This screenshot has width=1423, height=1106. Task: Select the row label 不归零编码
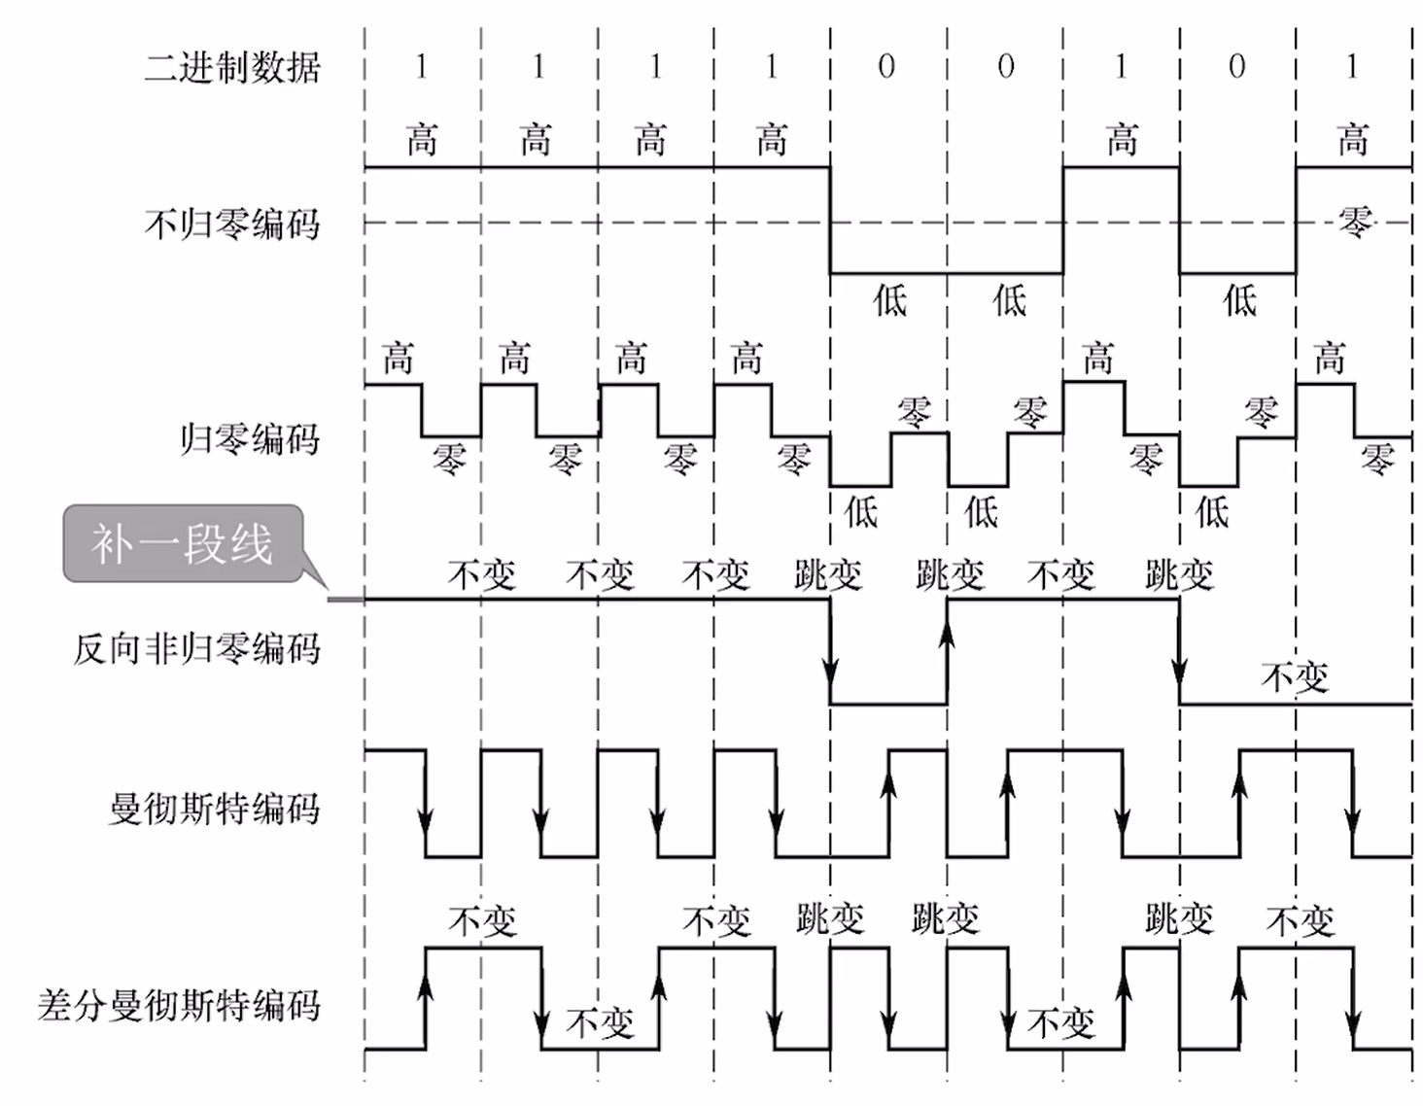pos(231,225)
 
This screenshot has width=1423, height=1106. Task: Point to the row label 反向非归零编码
pos(196,648)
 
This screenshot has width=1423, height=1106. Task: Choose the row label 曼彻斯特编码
pos(214,808)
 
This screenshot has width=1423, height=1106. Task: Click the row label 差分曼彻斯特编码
pos(179,1005)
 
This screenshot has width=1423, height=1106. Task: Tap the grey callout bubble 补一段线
pos(183,543)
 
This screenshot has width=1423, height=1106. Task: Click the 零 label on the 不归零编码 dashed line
pos(1355,223)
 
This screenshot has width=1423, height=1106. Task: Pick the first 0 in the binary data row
pos(885,67)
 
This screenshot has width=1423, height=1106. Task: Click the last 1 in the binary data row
pos(1352,67)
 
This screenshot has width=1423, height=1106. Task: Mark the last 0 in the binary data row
pos(1236,67)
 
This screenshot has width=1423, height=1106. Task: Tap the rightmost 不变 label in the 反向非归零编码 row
pos(1295,676)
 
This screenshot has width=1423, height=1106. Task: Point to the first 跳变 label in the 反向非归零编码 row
pos(828,575)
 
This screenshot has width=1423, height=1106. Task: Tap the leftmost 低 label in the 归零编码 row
pos(861,510)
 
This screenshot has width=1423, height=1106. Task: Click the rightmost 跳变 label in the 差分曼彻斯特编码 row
pos(1179,917)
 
